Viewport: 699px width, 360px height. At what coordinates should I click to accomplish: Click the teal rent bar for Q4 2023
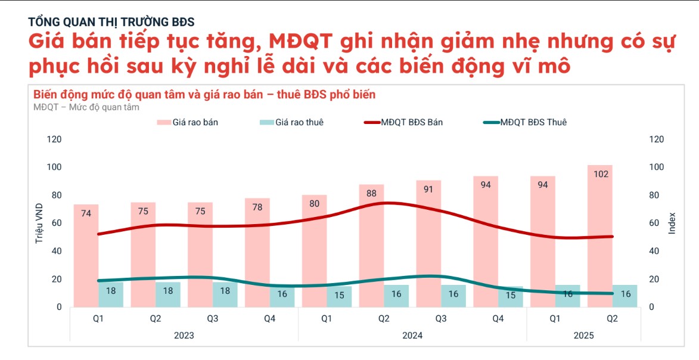pyautogui.click(x=282, y=297)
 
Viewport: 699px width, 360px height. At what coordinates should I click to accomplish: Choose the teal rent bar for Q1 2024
pyautogui.click(x=339, y=297)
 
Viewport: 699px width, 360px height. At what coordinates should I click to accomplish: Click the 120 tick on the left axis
pyautogui.click(x=54, y=139)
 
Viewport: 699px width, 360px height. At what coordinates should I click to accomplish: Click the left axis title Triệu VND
pyautogui.click(x=39, y=223)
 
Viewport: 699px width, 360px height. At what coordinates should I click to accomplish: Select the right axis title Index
pyautogui.click(x=672, y=223)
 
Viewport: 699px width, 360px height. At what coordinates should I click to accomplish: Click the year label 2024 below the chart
pyautogui.click(x=412, y=335)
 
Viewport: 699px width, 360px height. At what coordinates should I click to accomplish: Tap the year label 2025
pyautogui.click(x=583, y=335)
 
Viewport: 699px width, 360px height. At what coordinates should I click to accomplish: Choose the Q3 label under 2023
pyautogui.click(x=213, y=319)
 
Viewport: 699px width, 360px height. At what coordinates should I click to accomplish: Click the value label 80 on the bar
pyautogui.click(x=315, y=203)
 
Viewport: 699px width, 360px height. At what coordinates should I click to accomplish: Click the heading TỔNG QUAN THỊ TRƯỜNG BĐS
pyautogui.click(x=111, y=22)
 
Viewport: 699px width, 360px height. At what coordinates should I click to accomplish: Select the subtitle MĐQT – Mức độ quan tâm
pyautogui.click(x=86, y=107)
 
